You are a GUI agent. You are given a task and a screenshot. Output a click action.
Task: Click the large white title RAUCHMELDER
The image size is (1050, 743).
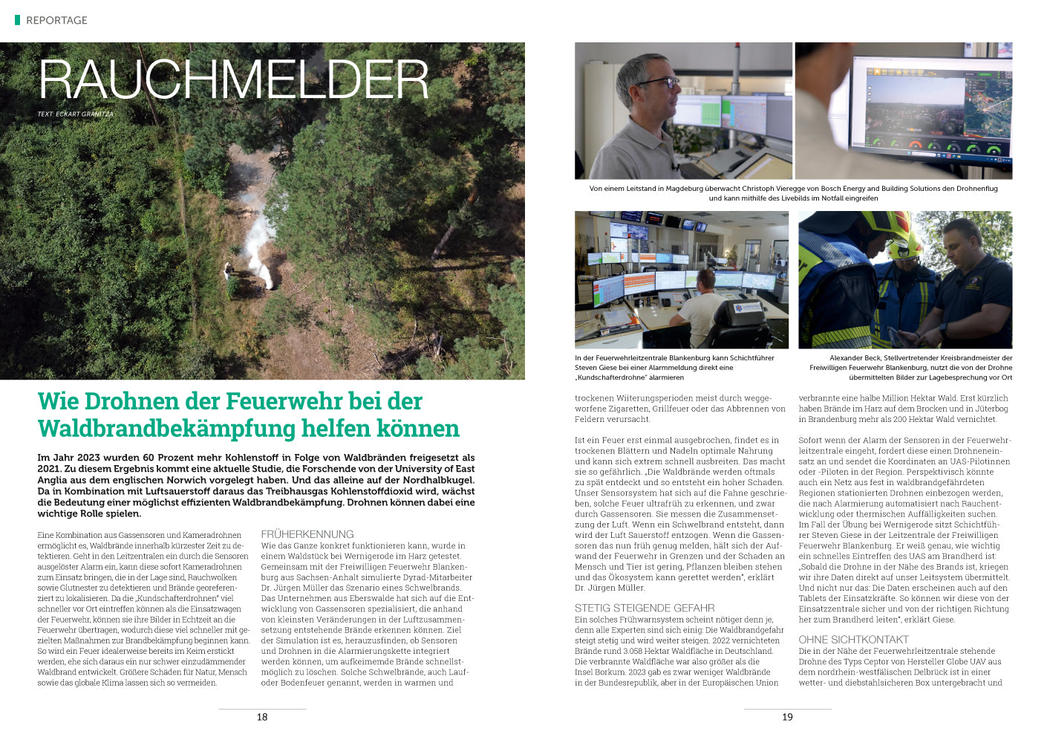pyautogui.click(x=234, y=79)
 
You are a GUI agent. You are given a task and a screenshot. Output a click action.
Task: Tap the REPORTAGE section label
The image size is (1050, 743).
pyautogui.click(x=56, y=20)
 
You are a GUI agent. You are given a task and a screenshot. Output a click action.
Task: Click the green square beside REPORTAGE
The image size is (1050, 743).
pyautogui.click(x=17, y=20)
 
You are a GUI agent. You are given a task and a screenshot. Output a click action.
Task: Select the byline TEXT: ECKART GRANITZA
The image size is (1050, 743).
pyautogui.click(x=75, y=114)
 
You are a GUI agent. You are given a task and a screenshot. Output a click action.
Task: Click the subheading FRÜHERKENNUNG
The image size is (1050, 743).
pyautogui.click(x=307, y=534)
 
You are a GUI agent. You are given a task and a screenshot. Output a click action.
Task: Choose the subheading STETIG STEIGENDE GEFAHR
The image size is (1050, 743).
pyautogui.click(x=645, y=608)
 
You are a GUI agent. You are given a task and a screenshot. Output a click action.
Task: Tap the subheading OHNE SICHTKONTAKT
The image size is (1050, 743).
pyautogui.click(x=853, y=640)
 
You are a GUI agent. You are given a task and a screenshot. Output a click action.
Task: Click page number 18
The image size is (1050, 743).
pyautogui.click(x=262, y=717)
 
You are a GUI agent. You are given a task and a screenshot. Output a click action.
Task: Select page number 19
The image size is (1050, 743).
pyautogui.click(x=787, y=717)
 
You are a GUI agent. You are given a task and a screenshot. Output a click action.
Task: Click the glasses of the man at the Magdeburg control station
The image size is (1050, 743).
pyautogui.click(x=664, y=82)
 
